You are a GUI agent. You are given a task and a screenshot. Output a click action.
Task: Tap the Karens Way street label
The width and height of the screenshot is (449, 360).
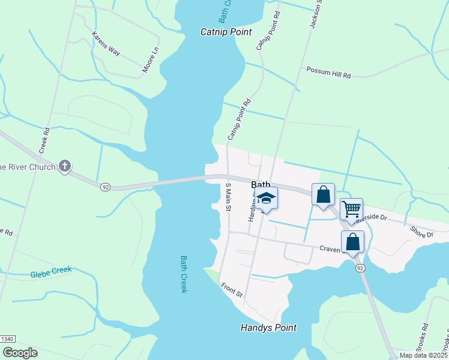(x=106, y=44)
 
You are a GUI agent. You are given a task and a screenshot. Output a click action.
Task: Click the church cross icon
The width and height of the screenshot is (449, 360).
(x=65, y=166)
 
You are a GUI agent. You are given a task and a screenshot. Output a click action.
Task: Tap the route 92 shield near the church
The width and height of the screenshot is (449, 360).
(x=106, y=187)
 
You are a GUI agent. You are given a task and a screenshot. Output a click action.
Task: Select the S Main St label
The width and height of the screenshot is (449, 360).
(x=228, y=197)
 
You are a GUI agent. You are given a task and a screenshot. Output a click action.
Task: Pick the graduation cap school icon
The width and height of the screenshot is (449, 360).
(x=267, y=199)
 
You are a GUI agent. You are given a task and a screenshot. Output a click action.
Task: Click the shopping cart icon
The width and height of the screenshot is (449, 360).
(x=351, y=209)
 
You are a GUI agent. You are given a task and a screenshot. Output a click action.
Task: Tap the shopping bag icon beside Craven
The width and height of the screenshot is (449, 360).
(x=352, y=241)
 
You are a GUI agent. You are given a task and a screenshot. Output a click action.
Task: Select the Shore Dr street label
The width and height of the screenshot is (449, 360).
(x=421, y=232)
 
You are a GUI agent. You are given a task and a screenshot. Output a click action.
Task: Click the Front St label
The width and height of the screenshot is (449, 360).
(x=231, y=290)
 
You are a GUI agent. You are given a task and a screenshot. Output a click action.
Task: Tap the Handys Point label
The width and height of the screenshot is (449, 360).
(x=268, y=328)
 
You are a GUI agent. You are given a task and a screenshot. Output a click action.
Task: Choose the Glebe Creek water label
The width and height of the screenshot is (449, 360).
(x=51, y=272)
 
